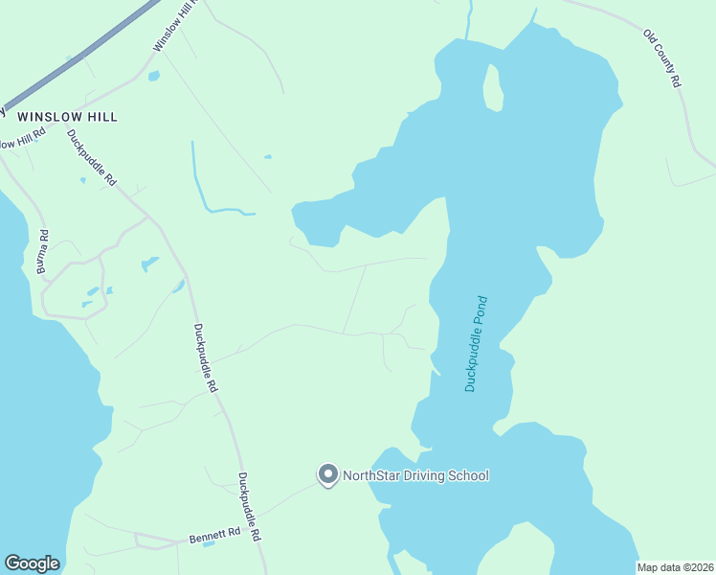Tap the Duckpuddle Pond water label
(x=477, y=343)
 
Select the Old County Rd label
(x=661, y=59)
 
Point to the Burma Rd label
(x=42, y=252)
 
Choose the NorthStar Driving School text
(x=415, y=475)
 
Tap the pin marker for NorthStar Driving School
(x=327, y=474)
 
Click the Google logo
(x=32, y=563)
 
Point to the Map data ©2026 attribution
(x=676, y=567)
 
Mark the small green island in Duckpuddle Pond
(x=492, y=86)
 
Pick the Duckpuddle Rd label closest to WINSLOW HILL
(x=92, y=157)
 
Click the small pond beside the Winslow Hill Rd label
(x=153, y=76)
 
